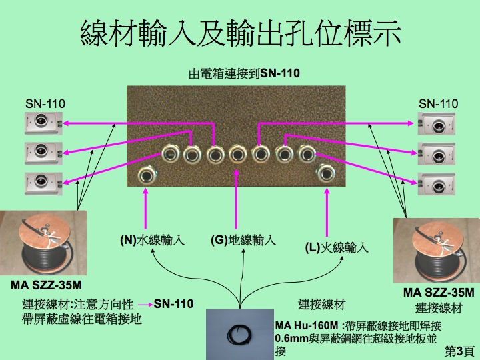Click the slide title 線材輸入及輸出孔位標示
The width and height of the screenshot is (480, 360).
click(x=241, y=33)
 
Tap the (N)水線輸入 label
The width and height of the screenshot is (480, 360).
click(x=153, y=240)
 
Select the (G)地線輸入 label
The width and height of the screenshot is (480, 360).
click(x=243, y=240)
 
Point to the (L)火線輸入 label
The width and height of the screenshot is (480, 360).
click(x=337, y=247)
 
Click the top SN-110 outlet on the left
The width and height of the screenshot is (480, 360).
click(x=43, y=123)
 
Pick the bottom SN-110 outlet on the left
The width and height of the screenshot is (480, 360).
click(x=43, y=184)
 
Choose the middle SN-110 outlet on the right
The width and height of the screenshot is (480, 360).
click(x=437, y=154)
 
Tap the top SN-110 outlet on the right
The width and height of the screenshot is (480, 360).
click(x=437, y=124)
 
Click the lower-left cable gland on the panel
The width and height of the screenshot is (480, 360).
click(x=147, y=175)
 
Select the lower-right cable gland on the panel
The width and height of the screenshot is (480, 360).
click(x=326, y=173)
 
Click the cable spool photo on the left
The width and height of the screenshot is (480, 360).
click(x=43, y=243)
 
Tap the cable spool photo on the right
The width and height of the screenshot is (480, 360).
click(x=437, y=251)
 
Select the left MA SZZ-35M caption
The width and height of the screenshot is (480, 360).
click(x=46, y=285)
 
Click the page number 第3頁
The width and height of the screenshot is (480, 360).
click(x=459, y=351)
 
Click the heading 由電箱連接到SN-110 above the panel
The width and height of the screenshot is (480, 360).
click(x=244, y=73)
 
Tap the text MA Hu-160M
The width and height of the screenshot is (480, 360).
click(x=307, y=325)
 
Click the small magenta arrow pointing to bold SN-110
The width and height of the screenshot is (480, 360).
click(x=145, y=305)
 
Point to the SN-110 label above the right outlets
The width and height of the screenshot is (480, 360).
click(x=439, y=104)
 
